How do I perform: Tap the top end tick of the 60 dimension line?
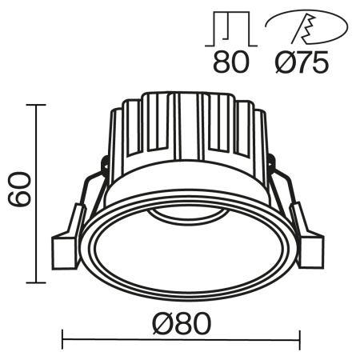(x=36, y=104)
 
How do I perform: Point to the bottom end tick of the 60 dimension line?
(x=36, y=282)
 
